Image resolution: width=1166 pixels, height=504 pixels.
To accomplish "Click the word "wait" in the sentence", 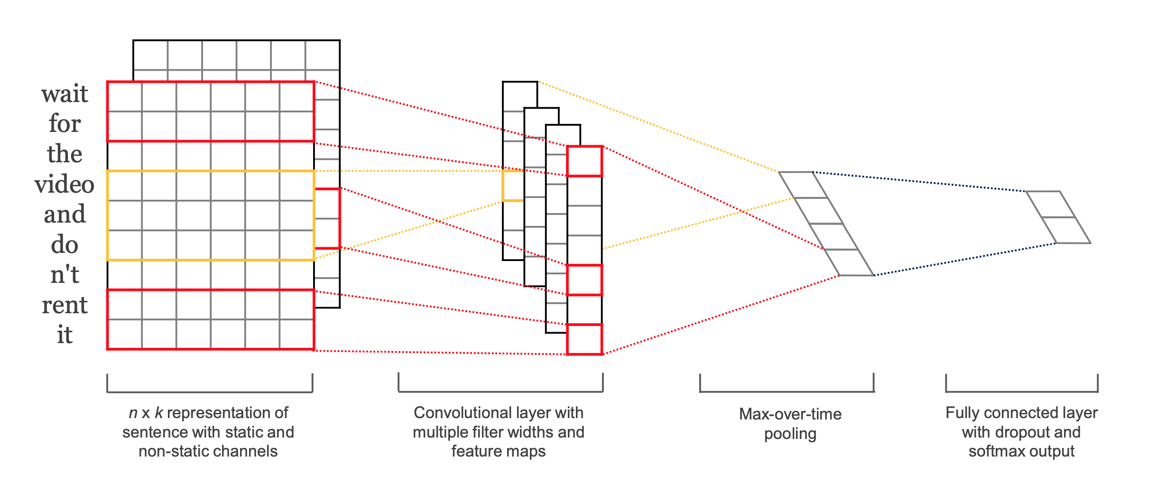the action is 65,93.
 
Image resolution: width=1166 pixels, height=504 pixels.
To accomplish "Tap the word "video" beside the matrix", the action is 65,184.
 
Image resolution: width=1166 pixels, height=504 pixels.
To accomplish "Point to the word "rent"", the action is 65,305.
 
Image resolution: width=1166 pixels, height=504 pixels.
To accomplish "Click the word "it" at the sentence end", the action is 65,335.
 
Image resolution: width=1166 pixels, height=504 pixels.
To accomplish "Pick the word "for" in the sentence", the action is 65,123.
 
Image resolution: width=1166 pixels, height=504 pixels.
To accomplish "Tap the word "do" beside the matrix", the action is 65,244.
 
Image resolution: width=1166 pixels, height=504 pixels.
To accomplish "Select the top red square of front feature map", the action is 584,161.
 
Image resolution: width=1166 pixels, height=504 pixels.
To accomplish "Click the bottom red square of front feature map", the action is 584,339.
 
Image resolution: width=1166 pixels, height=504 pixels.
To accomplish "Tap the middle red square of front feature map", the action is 584,280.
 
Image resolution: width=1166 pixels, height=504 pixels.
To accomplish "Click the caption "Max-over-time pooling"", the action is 790,424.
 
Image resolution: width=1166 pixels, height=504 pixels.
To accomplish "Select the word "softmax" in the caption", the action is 995,451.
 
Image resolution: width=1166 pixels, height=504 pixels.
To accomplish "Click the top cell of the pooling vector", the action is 803,185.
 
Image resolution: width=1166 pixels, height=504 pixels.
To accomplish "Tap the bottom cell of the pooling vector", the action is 849,262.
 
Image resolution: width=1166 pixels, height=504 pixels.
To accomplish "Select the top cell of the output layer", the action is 1050,205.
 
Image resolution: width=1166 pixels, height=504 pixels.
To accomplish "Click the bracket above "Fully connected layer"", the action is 1022,392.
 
